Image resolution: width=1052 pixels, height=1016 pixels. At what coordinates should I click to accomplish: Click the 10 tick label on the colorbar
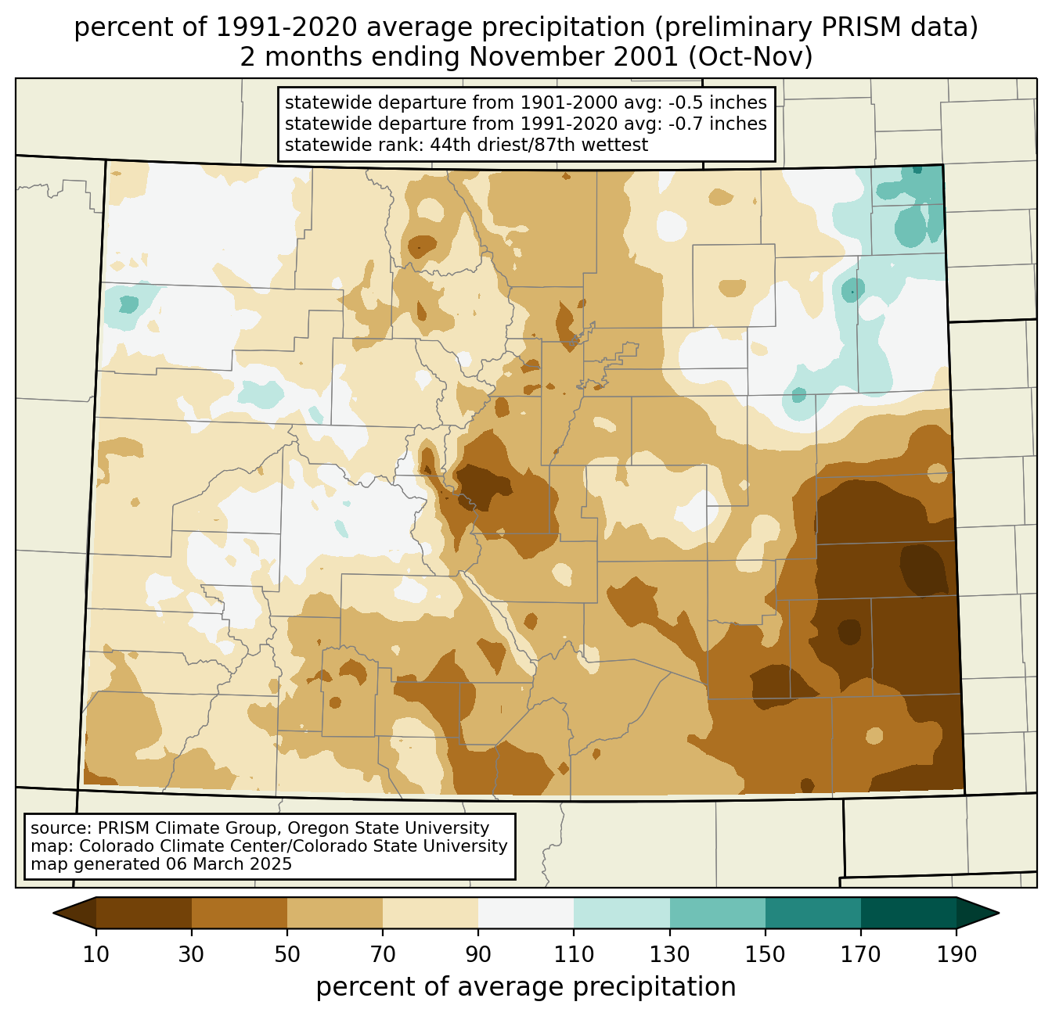point(96,954)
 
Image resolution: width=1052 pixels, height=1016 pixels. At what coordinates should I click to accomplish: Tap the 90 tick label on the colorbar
point(478,954)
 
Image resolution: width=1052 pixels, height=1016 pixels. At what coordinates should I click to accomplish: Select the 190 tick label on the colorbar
point(957,954)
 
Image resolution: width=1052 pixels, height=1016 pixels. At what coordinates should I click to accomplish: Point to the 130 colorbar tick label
point(670,954)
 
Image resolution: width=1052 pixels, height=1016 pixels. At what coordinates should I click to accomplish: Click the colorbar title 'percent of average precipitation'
point(526,987)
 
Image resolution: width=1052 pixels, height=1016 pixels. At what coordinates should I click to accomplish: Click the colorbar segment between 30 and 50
point(240,913)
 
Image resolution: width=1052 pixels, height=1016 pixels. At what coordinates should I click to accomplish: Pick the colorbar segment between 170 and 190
point(909,913)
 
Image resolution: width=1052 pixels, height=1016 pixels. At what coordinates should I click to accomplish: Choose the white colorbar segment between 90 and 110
point(526,913)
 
